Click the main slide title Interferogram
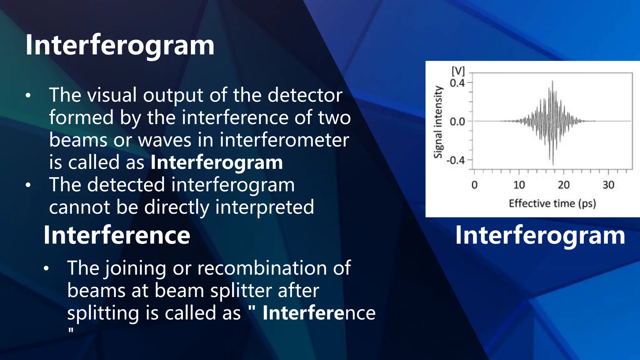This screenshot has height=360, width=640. [x=120, y=45]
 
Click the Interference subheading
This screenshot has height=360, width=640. [x=117, y=235]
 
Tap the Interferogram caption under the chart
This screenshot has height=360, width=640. [x=540, y=235]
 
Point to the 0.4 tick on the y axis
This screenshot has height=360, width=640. [x=457, y=83]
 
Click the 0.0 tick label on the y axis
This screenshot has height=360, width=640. [x=457, y=122]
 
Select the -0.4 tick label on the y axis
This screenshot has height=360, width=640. [x=456, y=160]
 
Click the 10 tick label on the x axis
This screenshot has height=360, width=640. [x=519, y=185]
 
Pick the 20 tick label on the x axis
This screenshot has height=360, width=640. [x=564, y=185]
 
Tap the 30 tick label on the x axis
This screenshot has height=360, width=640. [x=608, y=185]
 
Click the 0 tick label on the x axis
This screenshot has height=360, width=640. [x=474, y=185]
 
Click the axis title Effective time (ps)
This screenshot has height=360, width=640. [x=552, y=203]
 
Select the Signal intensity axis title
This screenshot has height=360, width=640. [x=438, y=122]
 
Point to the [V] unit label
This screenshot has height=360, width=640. [x=458, y=71]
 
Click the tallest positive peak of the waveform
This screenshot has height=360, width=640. [x=552, y=82]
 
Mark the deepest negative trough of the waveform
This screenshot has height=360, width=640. [x=553, y=164]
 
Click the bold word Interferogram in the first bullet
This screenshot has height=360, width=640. [x=217, y=162]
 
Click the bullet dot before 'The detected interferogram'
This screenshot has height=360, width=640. [x=28, y=185]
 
